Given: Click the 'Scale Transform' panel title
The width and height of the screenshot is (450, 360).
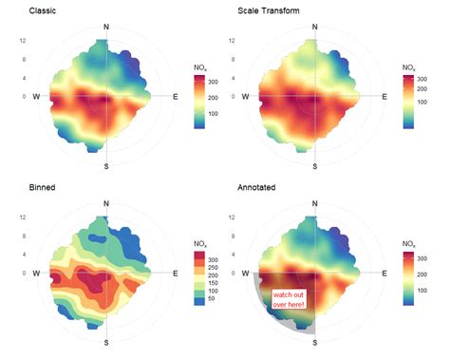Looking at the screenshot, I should pos(269,11).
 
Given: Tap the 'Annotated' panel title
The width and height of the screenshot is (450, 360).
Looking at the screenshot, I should pos(259,188).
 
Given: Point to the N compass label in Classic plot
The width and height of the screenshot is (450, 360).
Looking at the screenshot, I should pos(105,27).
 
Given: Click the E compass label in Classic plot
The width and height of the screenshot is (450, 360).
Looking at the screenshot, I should pos(175,97).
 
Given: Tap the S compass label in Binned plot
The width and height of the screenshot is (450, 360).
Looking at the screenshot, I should pos(105,342).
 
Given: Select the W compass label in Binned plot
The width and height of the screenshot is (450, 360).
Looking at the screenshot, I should pos(36,274).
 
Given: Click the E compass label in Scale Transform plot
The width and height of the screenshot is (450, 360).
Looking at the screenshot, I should pos(384,97).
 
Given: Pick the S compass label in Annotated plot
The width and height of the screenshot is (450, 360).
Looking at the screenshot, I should pos(314,342).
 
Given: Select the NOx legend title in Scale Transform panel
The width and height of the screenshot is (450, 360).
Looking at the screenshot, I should pos(409,67).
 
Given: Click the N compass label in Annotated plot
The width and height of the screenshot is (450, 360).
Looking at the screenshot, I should pos(314,203).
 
